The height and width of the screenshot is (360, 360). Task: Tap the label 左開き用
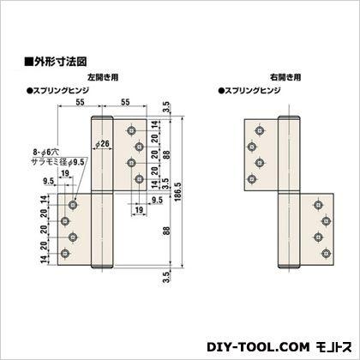coord(103,77)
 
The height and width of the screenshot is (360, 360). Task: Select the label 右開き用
coord(285,77)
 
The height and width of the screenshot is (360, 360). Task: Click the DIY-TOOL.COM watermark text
coord(258,347)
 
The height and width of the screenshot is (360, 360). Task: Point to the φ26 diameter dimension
coord(103,143)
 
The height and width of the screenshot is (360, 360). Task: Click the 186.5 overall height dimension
coord(177,192)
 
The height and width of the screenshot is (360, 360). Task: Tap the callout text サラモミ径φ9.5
coord(57,162)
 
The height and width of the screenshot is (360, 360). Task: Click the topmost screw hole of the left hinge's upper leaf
coord(131,130)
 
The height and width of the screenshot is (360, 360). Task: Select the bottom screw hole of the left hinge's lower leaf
coord(65,254)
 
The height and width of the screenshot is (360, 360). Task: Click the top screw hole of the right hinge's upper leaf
coord(260,130)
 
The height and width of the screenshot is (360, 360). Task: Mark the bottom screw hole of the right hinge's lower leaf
coord(326,254)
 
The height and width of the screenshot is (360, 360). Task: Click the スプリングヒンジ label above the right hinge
coord(249,91)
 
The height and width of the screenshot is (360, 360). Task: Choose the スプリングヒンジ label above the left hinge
coord(57,91)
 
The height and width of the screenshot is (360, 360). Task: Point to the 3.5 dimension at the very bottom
coord(166,277)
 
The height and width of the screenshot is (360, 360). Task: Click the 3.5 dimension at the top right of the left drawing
coord(166,108)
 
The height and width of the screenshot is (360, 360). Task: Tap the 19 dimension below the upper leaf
coord(139,210)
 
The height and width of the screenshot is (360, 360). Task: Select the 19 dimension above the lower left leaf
coord(65,173)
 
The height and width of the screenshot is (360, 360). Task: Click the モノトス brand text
coord(333,347)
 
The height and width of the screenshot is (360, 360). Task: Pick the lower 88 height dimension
coord(166,231)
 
